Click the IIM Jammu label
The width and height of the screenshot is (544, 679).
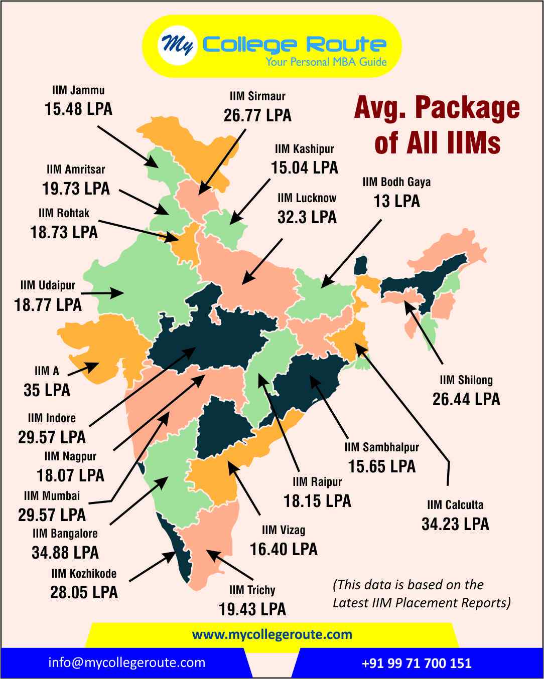[x=78, y=91]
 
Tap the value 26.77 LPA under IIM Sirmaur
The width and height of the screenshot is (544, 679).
[x=257, y=115]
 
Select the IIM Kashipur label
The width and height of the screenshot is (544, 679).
[x=304, y=149]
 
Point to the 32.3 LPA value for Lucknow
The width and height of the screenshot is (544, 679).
[x=307, y=217]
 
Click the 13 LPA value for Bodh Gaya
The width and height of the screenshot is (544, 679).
[x=396, y=201]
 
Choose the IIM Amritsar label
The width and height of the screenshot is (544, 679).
[x=76, y=169]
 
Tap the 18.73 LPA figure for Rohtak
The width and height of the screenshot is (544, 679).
[x=64, y=232]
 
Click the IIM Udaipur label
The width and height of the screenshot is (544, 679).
[x=48, y=285]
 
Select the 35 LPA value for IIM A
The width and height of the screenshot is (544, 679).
[x=47, y=390]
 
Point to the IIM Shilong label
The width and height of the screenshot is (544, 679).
[x=466, y=380]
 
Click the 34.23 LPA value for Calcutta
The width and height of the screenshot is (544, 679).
[x=455, y=524]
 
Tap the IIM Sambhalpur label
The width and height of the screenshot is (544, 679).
[x=381, y=447]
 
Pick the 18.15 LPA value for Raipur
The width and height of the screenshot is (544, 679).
[x=317, y=500]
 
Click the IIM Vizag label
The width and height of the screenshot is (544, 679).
[x=284, y=530]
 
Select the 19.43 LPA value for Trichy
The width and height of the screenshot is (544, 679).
[x=252, y=609]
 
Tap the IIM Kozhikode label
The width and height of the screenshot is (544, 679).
[x=84, y=573]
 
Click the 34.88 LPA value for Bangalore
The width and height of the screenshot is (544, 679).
[x=65, y=553]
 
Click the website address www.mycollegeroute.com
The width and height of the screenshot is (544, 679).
[x=272, y=634]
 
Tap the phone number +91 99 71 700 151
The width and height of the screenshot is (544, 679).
[x=417, y=663]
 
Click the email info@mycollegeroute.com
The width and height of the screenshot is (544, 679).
[x=127, y=662]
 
